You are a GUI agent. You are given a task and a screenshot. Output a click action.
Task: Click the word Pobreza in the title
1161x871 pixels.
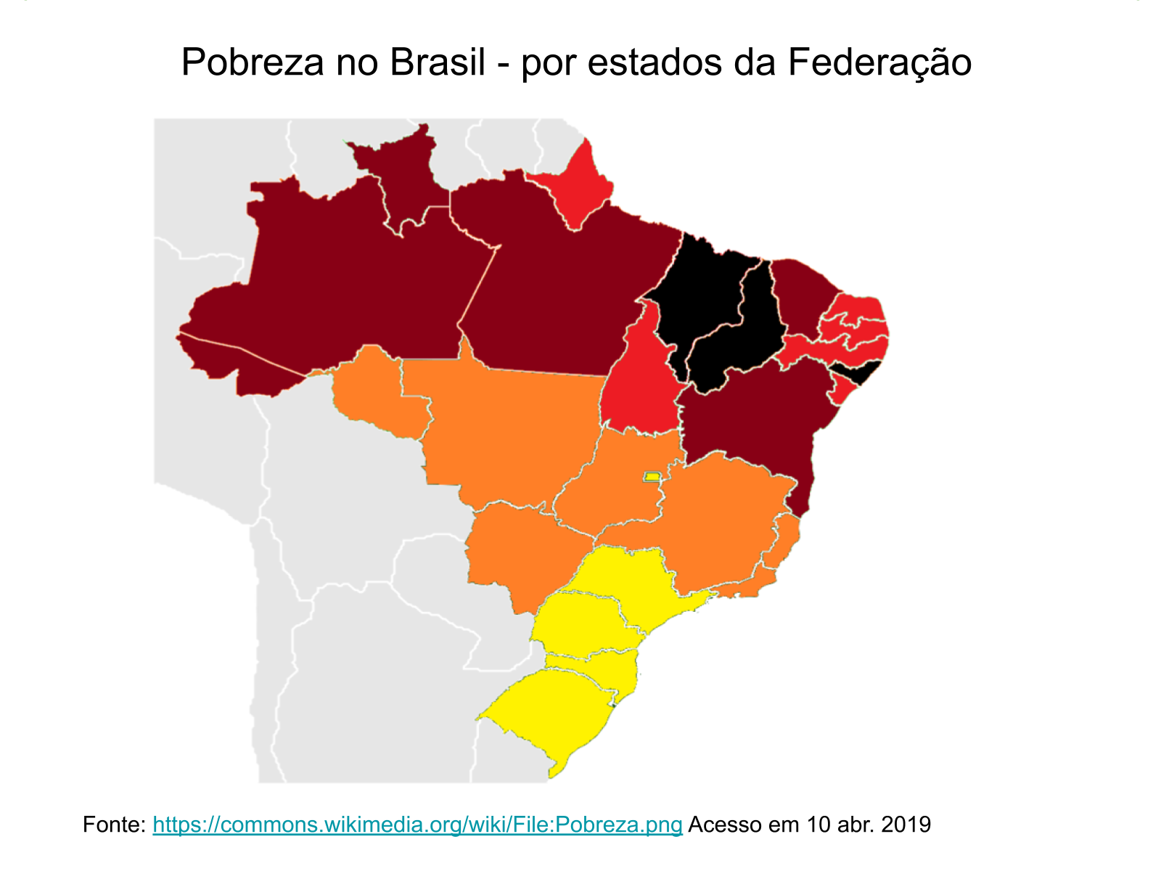[x=252, y=62]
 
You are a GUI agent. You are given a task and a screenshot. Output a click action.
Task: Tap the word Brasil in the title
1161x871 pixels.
[x=437, y=62]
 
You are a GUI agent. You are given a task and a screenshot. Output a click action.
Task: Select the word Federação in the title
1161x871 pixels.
[x=879, y=62]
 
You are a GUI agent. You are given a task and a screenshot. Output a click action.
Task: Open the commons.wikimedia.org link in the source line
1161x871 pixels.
[x=417, y=825]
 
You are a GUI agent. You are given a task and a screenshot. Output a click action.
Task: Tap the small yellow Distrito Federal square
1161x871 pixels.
[x=652, y=477]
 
